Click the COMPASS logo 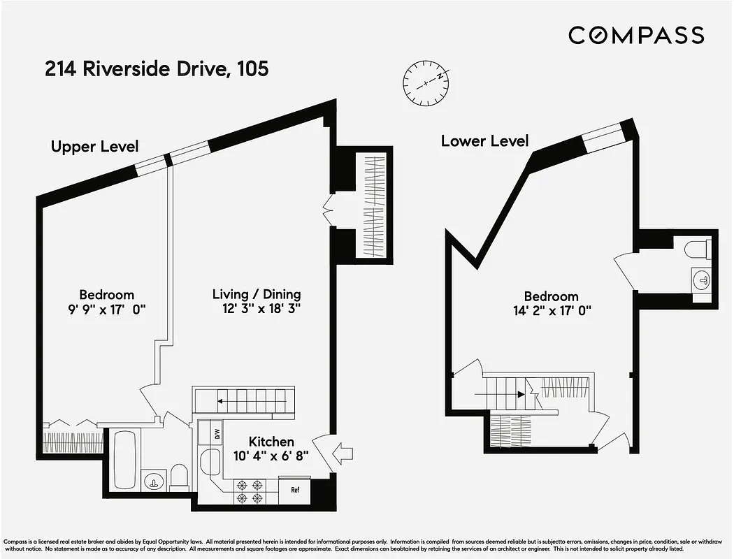pos(635,35)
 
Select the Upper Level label pos(94,146)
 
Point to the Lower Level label pos(484,140)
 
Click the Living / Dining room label pos(257,294)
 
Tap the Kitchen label pos(271,442)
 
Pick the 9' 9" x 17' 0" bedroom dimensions pos(106,308)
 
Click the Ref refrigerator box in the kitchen pos(295,489)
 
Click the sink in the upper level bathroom pos(153,481)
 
